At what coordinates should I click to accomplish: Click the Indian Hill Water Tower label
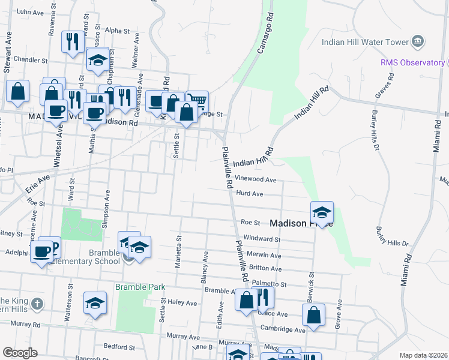364,42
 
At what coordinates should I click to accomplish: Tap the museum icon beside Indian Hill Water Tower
418,41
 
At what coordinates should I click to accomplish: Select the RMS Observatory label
411,62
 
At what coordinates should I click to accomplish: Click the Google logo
19,352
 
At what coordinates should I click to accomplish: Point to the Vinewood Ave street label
256,179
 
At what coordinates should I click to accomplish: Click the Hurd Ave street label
250,194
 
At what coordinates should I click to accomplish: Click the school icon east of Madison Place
322,212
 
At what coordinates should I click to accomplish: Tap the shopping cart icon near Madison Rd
197,101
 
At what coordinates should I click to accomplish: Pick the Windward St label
261,239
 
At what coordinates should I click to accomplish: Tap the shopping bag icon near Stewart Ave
18,92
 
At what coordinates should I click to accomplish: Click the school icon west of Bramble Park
95,304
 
